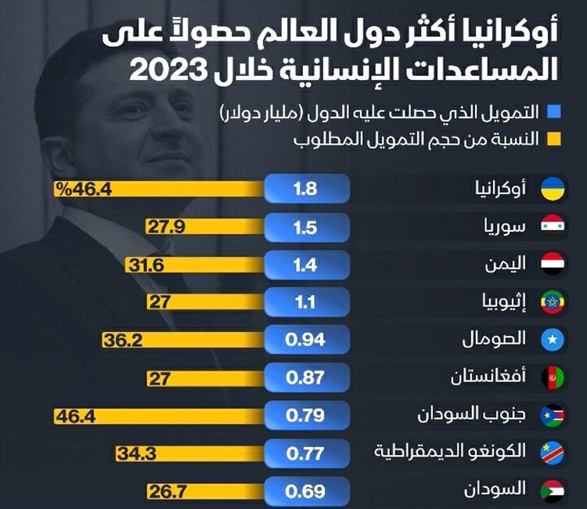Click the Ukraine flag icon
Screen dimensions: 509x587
point(555,188)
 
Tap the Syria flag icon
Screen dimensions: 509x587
point(555,226)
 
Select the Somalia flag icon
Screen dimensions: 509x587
point(555,340)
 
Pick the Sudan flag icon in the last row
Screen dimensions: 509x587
point(555,492)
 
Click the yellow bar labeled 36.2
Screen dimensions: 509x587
point(183,340)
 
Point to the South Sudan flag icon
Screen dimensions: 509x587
point(555,416)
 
